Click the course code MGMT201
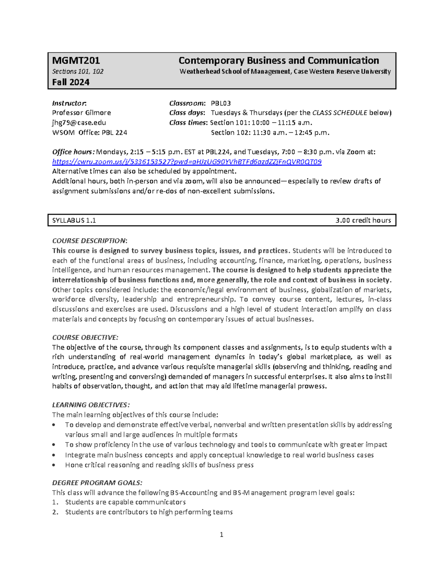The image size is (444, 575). pos(76,60)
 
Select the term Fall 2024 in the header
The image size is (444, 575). pos(71,82)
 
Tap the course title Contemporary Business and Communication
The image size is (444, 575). pos(279,60)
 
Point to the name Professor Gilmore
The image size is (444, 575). pos(81,113)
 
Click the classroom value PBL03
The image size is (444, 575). pos(221,103)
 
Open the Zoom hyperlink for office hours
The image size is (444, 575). pos(187,162)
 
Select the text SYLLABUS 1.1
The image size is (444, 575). pos(74,220)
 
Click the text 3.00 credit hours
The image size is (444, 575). pos(363,220)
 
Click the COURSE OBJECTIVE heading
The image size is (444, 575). pos(85,337)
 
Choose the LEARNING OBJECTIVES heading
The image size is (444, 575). pos(91,405)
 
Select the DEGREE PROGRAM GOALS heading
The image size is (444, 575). pos(97,483)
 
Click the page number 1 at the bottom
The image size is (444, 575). pos(221,534)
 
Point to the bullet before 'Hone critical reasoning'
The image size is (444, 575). pos(54,465)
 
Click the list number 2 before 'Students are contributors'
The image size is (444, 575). pos(55,512)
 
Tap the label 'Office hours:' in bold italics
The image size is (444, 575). pos(73,152)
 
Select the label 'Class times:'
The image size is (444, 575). pos(188,123)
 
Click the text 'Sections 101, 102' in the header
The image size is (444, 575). pos(78,71)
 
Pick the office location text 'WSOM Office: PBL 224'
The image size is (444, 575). pos(90,133)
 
